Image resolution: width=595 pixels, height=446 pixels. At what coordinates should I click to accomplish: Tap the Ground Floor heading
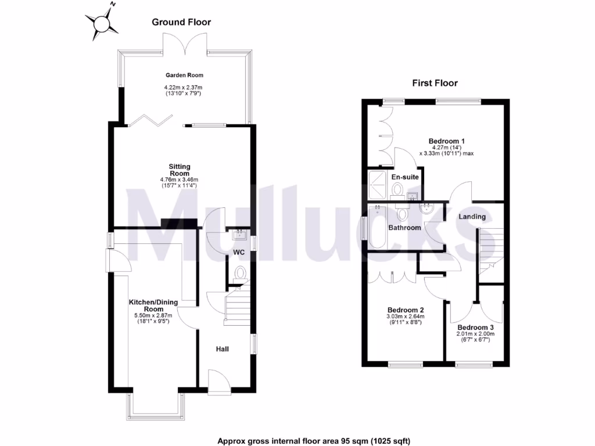pyautogui.click(x=181, y=22)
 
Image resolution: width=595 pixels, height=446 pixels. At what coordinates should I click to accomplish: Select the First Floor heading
pyautogui.click(x=435, y=83)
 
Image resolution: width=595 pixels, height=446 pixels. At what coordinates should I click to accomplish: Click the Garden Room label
pyautogui.click(x=184, y=75)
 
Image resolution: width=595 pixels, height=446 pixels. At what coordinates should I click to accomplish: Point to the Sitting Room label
pyautogui.click(x=180, y=170)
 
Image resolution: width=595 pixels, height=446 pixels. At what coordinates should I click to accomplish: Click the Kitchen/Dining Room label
pyautogui.click(x=153, y=305)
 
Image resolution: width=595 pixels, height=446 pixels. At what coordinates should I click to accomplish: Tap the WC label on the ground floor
pyautogui.click(x=239, y=253)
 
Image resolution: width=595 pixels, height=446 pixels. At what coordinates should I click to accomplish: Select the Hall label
pyautogui.click(x=222, y=349)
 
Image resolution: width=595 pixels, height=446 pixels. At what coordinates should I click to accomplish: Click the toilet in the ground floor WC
pyautogui.click(x=239, y=275)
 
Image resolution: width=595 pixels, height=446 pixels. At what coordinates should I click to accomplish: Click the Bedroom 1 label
pyautogui.click(x=447, y=141)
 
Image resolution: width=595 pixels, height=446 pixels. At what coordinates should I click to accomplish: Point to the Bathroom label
pyautogui.click(x=404, y=228)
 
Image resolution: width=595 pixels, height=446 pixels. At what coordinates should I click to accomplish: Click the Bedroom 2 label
pyautogui.click(x=405, y=310)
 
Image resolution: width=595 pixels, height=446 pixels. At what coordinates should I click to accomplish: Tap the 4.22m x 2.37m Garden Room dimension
pyautogui.click(x=184, y=88)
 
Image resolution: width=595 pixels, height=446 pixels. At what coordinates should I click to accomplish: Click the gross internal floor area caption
pyautogui.click(x=314, y=441)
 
